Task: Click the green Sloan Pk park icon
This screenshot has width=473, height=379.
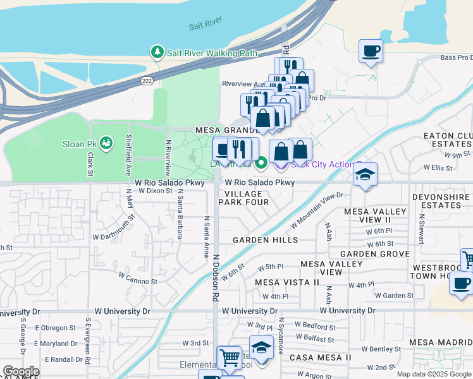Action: coord(106,143)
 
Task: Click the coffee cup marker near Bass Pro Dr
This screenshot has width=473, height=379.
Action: coord(371,51)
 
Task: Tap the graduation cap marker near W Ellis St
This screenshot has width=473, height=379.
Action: coord(365,175)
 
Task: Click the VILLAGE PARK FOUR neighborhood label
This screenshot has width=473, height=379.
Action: coord(243,198)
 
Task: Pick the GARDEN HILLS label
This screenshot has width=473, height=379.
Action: coord(265,240)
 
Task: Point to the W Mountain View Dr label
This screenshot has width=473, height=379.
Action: coord(316,212)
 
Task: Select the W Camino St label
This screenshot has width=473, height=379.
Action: coord(138,277)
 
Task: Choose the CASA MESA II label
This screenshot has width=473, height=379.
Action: coord(321,358)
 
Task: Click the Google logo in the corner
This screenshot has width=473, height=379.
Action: coord(20,372)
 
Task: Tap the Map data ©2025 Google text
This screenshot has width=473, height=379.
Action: coord(433,374)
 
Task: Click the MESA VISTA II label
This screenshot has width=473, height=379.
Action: coord(287,282)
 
